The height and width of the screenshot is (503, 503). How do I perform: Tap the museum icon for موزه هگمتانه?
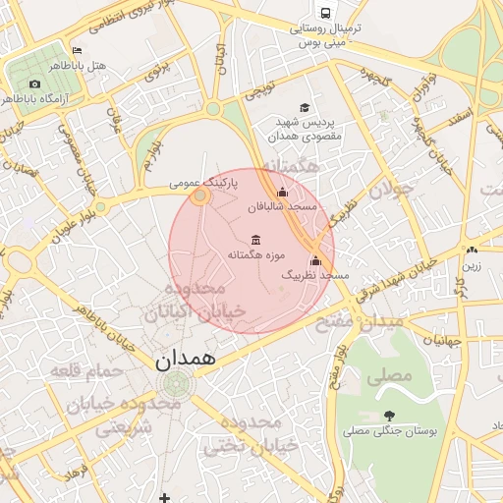[256, 240]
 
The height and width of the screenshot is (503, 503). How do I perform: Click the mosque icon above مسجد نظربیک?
[315, 260]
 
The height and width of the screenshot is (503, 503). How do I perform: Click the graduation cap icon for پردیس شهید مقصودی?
[305, 107]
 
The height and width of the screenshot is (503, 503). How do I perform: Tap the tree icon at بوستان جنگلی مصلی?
[390, 416]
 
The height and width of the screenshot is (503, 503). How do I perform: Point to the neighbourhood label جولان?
[392, 188]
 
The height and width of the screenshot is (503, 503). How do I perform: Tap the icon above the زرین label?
[473, 250]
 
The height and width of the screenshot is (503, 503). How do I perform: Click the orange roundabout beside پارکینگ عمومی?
[200, 197]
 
